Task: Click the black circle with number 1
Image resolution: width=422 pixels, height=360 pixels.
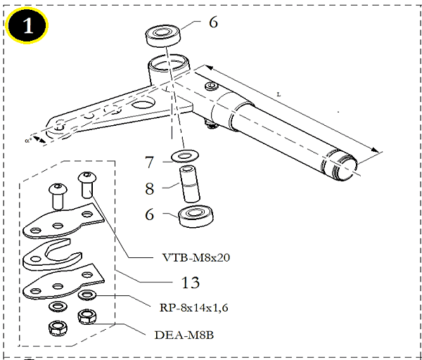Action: [x=27, y=25]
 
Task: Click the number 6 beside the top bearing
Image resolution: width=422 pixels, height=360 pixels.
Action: [x=213, y=22]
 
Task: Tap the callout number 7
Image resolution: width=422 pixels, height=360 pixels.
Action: [x=149, y=162]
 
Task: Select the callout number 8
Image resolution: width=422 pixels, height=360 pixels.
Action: [x=150, y=188]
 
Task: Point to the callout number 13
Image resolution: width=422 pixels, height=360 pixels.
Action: [x=191, y=283]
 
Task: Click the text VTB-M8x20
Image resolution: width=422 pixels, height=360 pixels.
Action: [x=196, y=257]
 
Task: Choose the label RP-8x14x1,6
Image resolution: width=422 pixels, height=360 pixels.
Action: [x=194, y=307]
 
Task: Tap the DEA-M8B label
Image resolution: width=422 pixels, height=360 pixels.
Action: [x=184, y=335]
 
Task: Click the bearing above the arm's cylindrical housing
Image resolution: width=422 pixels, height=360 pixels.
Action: [x=163, y=37]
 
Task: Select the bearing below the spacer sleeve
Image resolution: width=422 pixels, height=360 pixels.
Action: [x=196, y=217]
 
